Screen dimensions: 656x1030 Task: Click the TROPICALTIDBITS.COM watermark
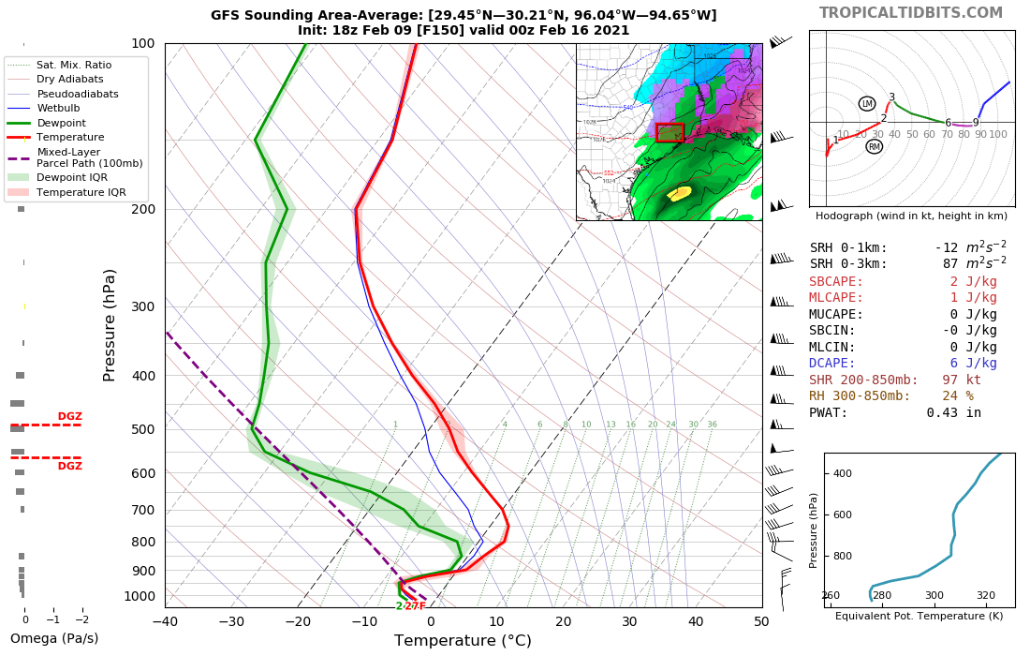[911, 13]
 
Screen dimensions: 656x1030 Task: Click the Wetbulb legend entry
[61, 108]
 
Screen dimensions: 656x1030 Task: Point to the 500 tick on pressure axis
[143, 429]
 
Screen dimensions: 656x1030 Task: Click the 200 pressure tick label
[143, 209]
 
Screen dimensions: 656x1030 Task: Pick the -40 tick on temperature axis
[165, 620]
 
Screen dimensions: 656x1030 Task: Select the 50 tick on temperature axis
[760, 620]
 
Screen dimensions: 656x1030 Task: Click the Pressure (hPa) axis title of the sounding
[110, 324]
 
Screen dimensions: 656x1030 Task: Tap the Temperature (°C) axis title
[463, 641]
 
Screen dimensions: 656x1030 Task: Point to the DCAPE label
[836, 364]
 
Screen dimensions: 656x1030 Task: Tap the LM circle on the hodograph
[867, 103]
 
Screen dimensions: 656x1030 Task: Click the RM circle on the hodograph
[875, 146]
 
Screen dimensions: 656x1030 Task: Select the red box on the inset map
[669, 132]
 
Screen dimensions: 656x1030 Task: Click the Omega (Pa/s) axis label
[54, 639]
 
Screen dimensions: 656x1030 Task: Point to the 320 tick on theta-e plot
[986, 595]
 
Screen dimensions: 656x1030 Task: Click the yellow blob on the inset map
[680, 193]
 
